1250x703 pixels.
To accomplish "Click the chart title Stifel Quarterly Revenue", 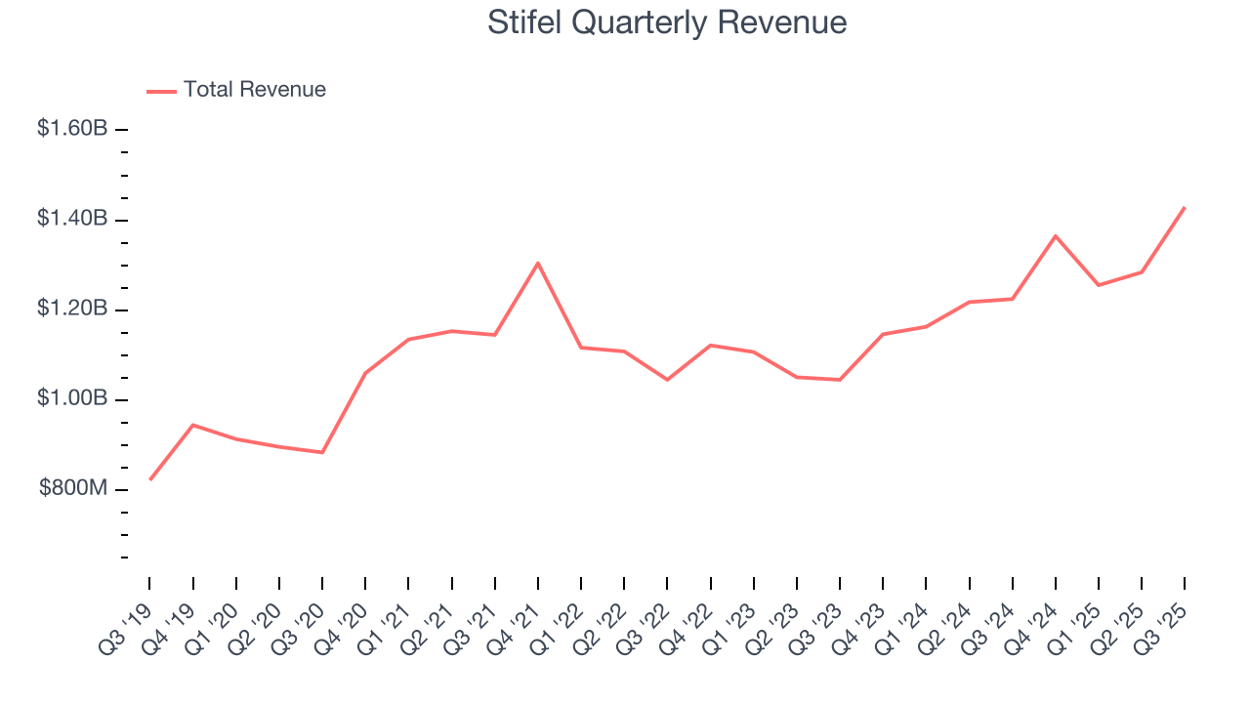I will (x=667, y=22).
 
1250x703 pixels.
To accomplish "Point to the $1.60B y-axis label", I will (x=72, y=129).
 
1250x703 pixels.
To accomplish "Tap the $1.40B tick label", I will (x=72, y=219).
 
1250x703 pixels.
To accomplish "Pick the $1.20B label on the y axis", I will (x=72, y=310).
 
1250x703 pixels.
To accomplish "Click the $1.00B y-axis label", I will (x=72, y=399).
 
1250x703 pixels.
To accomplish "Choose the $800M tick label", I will (x=73, y=489).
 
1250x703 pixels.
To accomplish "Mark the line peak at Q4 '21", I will (x=538, y=263).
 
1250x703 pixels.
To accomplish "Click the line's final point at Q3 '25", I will (x=1186, y=207).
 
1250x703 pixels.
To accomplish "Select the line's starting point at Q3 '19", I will (x=149, y=479).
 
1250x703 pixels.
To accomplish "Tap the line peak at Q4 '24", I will (x=1056, y=235).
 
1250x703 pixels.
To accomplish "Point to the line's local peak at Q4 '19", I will (x=193, y=425).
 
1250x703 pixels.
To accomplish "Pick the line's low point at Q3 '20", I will (x=322, y=452).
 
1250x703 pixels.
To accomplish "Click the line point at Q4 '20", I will (x=365, y=373).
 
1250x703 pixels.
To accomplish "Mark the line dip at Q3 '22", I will (x=668, y=380).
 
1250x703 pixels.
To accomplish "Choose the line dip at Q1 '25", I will (x=1099, y=285).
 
